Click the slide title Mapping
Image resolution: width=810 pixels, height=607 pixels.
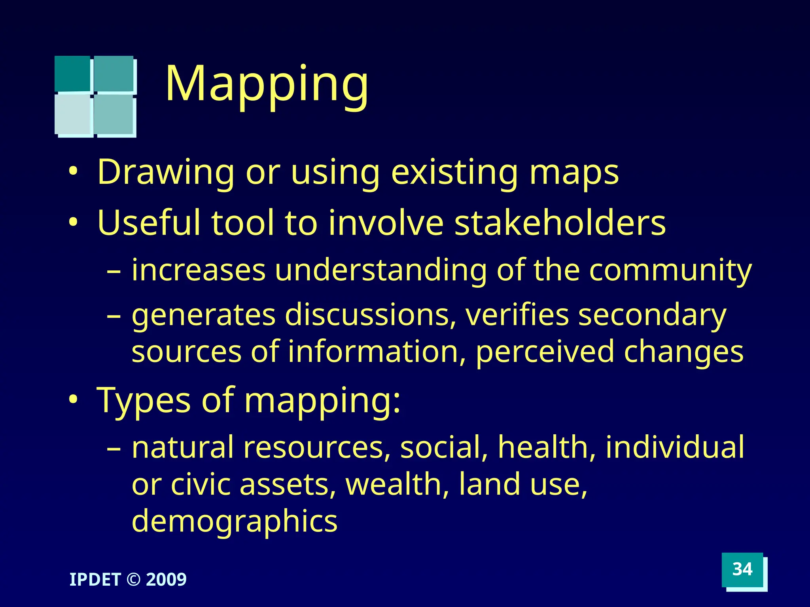point(267,84)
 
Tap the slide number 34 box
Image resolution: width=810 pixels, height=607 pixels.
point(742,569)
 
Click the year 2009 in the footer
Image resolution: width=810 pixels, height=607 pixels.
point(166,579)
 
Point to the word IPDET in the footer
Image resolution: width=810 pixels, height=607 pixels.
point(95,579)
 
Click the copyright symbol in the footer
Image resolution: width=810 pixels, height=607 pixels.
point(133,579)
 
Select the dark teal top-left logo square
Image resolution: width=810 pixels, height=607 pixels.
point(72,74)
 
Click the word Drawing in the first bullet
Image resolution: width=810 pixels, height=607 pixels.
point(166,172)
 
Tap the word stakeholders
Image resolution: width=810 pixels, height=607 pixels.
point(560,223)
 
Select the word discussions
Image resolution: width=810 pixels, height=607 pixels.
point(370,315)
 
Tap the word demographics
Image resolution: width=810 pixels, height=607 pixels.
point(235,521)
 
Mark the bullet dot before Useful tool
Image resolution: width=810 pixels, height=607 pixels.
point(73,223)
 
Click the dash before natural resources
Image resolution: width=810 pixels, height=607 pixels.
point(114,449)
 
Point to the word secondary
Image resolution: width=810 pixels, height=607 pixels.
point(652,315)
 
